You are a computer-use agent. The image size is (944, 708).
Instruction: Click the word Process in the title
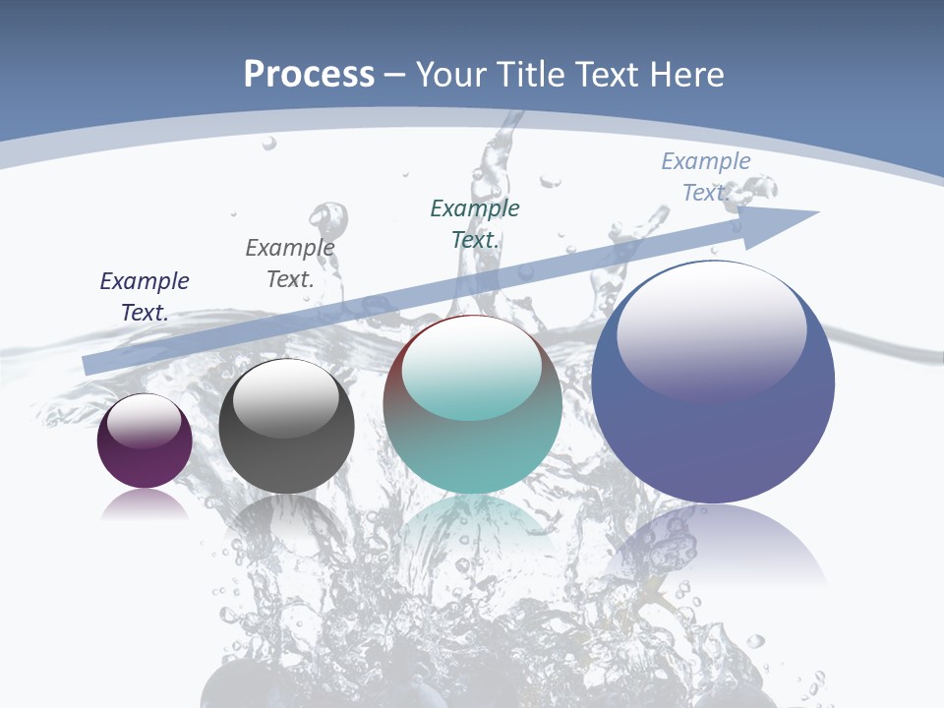tap(309, 75)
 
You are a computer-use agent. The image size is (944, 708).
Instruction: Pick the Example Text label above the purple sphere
tap(145, 296)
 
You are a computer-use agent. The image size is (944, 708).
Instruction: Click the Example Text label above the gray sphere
tap(290, 263)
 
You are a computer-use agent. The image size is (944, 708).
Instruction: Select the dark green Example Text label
tap(475, 223)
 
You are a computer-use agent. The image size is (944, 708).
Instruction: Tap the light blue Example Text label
tap(706, 176)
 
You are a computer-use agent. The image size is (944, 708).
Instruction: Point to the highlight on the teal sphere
tap(472, 366)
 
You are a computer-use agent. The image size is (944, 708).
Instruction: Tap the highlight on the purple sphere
tap(145, 420)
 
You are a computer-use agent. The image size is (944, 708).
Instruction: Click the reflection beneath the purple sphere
tap(145, 505)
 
